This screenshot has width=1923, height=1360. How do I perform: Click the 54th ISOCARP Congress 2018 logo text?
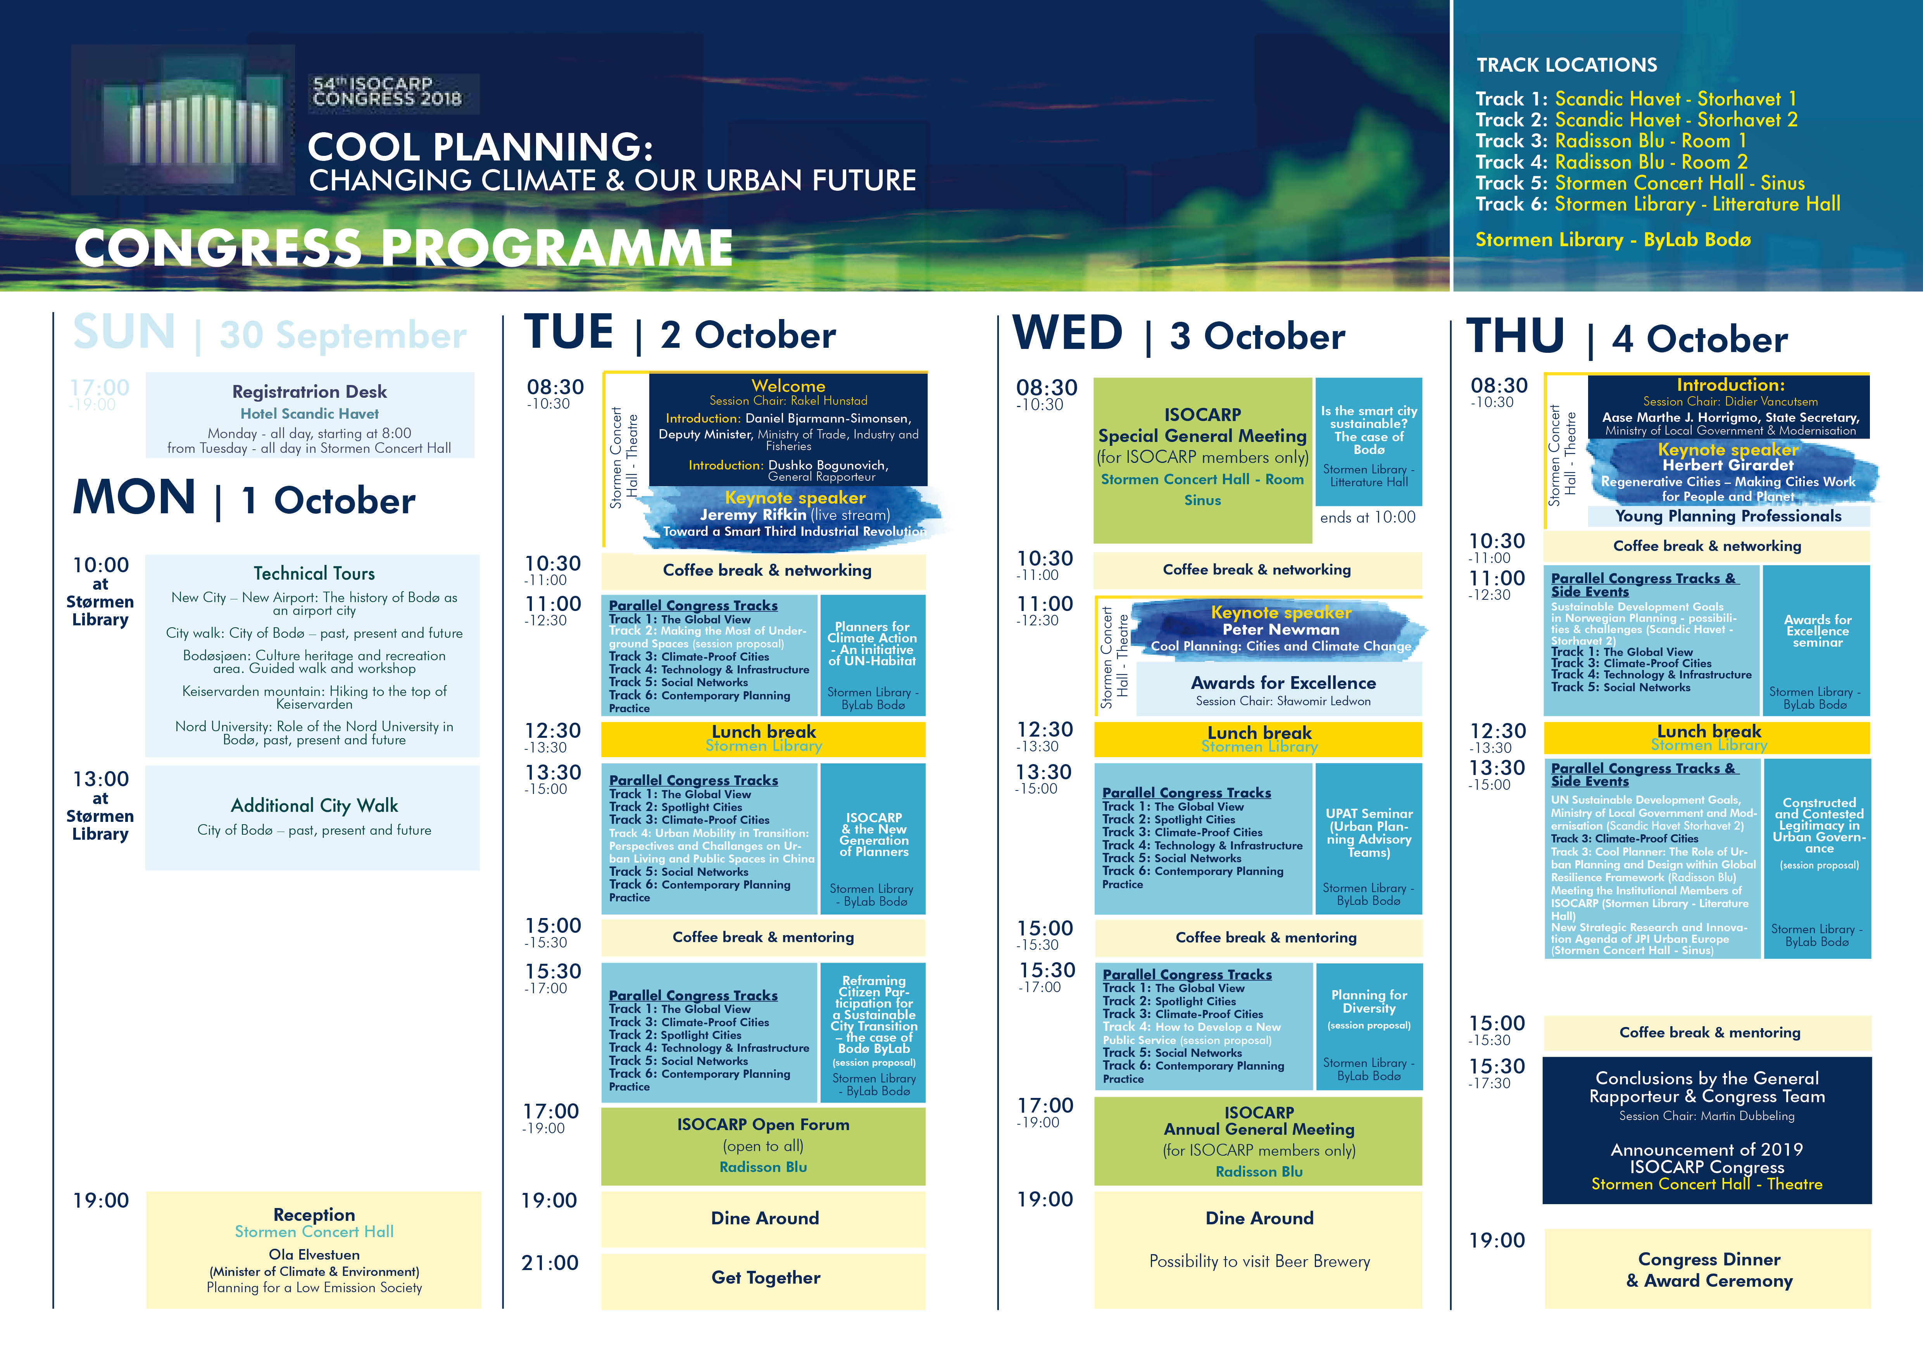(x=387, y=91)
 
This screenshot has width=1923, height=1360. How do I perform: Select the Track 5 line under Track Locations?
(x=1640, y=183)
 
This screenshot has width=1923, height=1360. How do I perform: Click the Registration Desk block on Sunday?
(x=310, y=415)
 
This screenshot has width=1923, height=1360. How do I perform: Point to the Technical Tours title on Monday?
(x=314, y=574)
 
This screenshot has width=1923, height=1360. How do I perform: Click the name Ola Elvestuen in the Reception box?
(x=314, y=1255)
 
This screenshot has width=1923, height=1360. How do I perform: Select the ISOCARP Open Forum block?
(x=763, y=1146)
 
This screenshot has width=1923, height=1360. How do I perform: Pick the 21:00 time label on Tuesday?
(x=550, y=1263)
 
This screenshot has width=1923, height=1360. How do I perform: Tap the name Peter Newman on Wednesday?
(x=1281, y=630)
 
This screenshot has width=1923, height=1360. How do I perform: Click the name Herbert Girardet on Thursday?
(x=1728, y=465)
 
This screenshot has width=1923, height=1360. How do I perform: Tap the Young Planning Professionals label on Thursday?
(x=1728, y=516)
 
